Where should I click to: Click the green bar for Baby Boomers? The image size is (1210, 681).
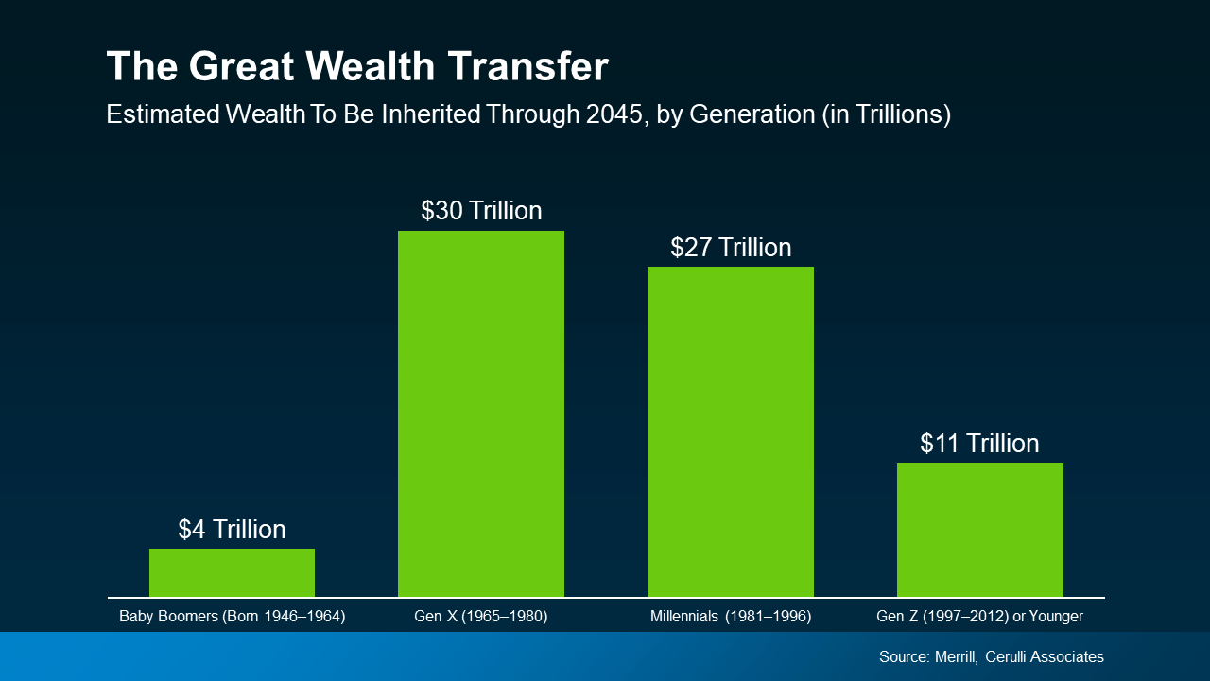pyautogui.click(x=232, y=572)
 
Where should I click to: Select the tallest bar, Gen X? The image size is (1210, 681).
pyautogui.click(x=480, y=413)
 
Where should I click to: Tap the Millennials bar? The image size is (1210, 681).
pyautogui.click(x=730, y=431)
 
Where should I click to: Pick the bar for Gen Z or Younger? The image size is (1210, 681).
pyautogui.click(x=979, y=530)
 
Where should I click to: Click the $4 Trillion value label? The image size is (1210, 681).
pyautogui.click(x=232, y=530)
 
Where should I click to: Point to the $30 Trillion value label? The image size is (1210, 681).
pyautogui.click(x=481, y=210)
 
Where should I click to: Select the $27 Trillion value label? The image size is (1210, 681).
pyautogui.click(x=731, y=248)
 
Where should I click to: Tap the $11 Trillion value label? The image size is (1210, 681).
pyautogui.click(x=979, y=444)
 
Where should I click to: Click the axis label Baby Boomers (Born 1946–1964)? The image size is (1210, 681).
pyautogui.click(x=232, y=617)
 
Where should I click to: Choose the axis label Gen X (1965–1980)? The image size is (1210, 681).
pyautogui.click(x=481, y=617)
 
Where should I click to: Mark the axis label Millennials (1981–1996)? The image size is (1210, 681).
pyautogui.click(x=731, y=617)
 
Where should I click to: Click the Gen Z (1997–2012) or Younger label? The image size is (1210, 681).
pyautogui.click(x=979, y=617)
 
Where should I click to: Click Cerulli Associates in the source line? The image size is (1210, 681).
pyautogui.click(x=1045, y=656)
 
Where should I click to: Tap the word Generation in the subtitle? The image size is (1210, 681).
pyautogui.click(x=752, y=114)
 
